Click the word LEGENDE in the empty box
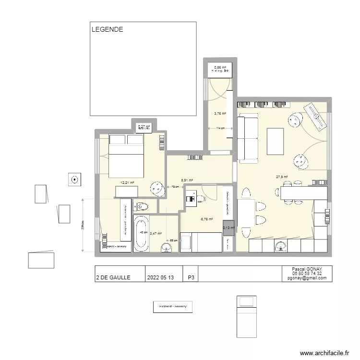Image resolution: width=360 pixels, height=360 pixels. [x=108, y=29]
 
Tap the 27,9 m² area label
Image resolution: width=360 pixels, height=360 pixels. [x=282, y=177]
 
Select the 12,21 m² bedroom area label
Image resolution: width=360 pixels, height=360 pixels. [x=127, y=182]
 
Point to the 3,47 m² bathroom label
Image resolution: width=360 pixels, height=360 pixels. [x=156, y=233]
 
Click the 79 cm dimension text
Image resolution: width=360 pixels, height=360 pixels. [x=175, y=187]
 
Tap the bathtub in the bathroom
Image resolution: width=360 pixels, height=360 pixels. [x=141, y=233]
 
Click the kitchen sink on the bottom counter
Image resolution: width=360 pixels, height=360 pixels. [x=281, y=247]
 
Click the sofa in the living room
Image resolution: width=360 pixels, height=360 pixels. [x=248, y=138]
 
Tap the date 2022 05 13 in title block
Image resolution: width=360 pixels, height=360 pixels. [x=161, y=277]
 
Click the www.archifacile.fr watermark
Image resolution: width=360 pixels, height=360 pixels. [x=324, y=353]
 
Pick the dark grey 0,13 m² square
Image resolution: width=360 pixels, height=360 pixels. [x=228, y=228]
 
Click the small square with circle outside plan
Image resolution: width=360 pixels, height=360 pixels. [x=74, y=180]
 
